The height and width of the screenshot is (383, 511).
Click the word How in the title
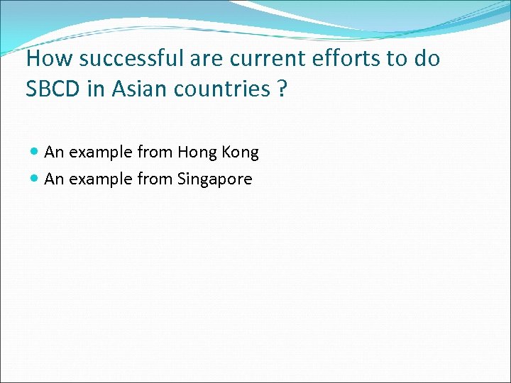(x=45, y=58)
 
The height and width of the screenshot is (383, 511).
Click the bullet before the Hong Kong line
(x=35, y=152)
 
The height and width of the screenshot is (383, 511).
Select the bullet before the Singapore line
(x=35, y=179)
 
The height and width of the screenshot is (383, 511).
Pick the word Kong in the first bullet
(x=241, y=152)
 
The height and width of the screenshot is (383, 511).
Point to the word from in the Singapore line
(x=155, y=179)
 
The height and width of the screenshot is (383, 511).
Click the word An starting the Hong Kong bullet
(x=53, y=152)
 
